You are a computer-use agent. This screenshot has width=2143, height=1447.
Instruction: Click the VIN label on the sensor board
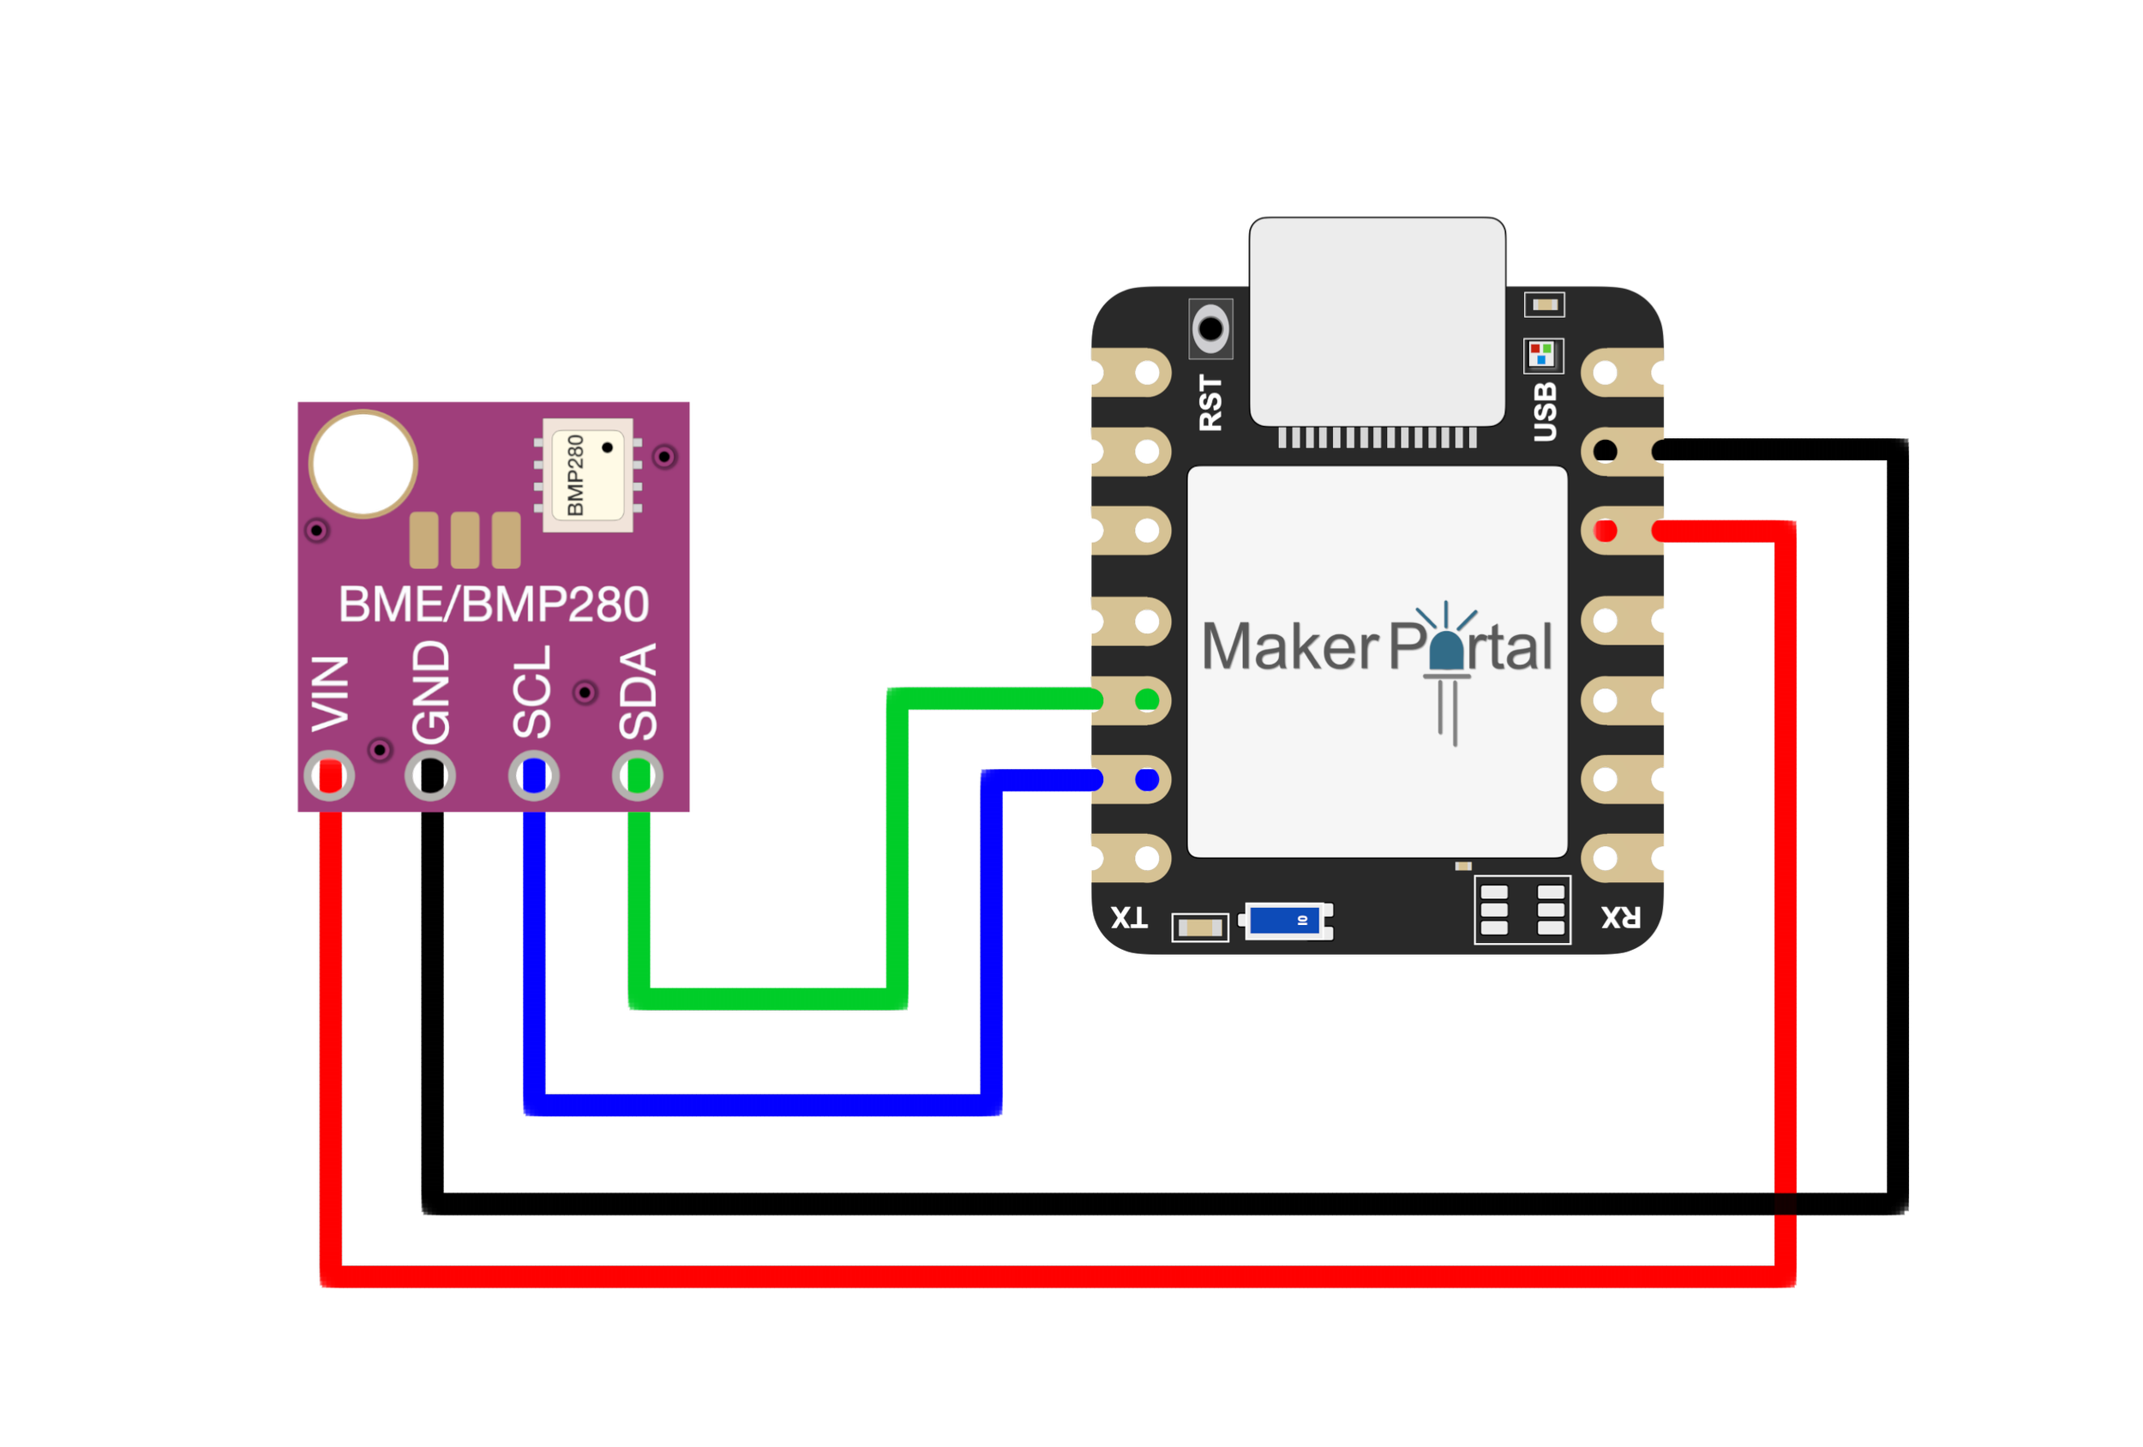[x=330, y=693]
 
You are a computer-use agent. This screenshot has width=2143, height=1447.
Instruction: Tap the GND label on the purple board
[x=430, y=692]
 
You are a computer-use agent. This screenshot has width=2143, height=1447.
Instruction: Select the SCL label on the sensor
[x=532, y=692]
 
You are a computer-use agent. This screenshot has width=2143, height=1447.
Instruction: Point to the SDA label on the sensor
[x=638, y=692]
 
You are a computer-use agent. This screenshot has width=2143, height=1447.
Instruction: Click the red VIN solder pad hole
[x=329, y=776]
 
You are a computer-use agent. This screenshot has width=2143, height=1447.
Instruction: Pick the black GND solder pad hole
[x=429, y=776]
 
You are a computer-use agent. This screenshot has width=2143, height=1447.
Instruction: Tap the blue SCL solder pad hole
[x=534, y=776]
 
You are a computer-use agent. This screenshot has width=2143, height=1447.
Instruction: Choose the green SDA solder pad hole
[x=637, y=776]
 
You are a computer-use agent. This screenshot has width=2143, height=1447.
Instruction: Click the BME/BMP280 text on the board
[x=494, y=605]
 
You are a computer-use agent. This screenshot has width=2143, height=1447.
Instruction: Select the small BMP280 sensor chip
[x=588, y=475]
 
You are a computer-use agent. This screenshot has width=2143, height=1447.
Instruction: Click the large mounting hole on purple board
[x=363, y=463]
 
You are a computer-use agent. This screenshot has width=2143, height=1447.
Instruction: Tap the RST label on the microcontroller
[x=1210, y=402]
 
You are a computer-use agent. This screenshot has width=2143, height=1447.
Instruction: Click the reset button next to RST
[x=1210, y=328]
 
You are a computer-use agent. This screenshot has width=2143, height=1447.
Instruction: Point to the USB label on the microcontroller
[x=1545, y=411]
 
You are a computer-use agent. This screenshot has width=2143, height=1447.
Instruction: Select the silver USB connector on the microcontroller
[x=1377, y=323]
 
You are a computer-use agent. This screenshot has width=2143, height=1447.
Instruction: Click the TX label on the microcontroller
[x=1129, y=917]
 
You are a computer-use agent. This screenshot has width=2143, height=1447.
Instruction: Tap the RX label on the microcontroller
[x=1620, y=917]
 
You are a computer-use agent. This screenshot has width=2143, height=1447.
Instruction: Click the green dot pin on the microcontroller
[x=1147, y=700]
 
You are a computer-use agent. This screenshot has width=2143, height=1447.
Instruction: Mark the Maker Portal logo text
[x=1377, y=647]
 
